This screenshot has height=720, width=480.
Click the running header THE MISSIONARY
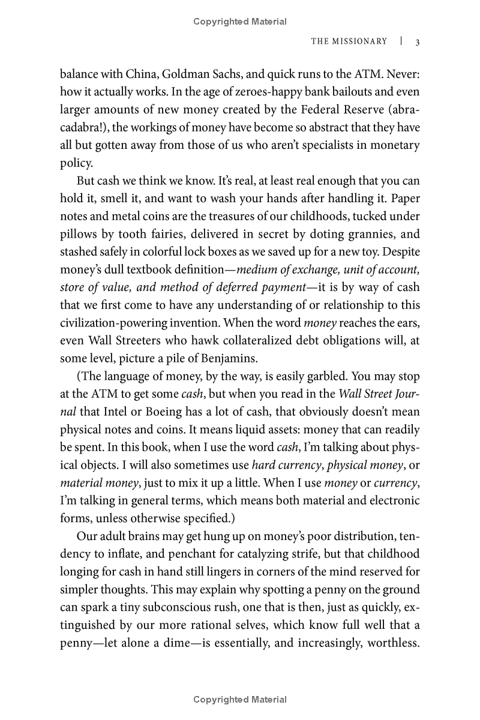349,41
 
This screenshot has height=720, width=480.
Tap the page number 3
417,42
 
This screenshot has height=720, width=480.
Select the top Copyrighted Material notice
240,22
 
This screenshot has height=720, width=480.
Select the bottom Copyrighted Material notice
240,700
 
